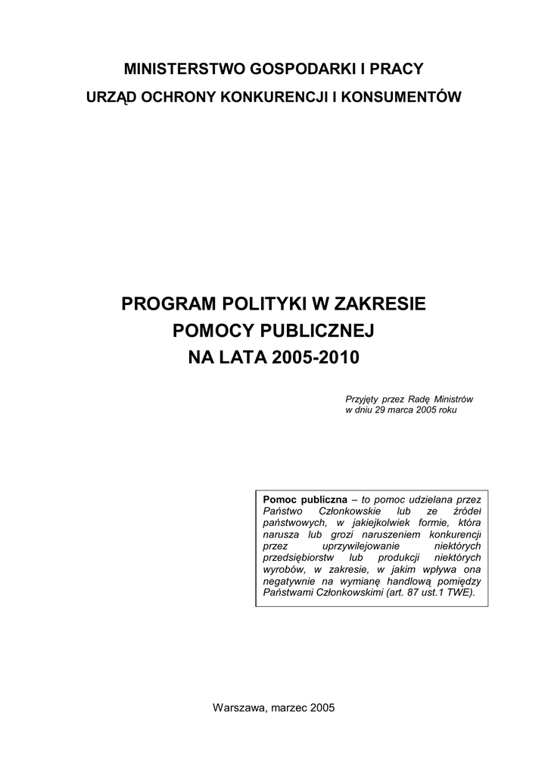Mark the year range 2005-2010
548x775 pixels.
click(x=310, y=357)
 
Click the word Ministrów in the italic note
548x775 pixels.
click(x=453, y=399)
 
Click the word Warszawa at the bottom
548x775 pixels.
click(x=238, y=708)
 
